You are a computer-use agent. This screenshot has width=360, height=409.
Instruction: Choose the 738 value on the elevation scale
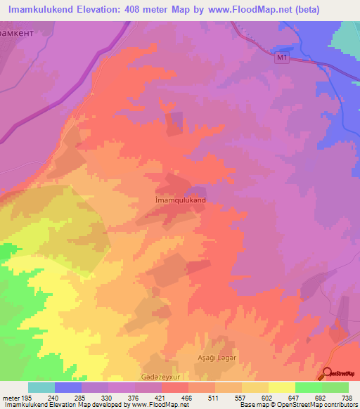click(x=345, y=398)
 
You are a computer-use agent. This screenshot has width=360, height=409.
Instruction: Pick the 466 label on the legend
click(x=187, y=398)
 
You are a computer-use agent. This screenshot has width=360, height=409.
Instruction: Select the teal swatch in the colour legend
click(x=41, y=387)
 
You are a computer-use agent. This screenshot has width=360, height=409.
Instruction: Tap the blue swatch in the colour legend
click(x=68, y=387)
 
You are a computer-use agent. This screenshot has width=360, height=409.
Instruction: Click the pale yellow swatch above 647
click(x=281, y=387)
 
